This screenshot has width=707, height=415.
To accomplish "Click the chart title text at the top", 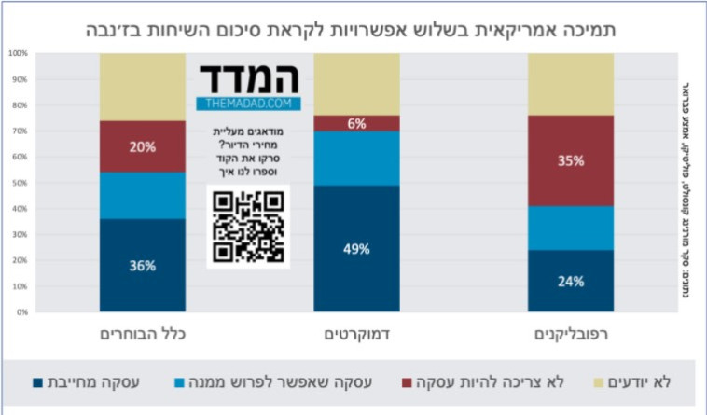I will click(x=353, y=27).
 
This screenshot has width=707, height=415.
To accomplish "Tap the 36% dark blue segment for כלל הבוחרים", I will click(x=143, y=265).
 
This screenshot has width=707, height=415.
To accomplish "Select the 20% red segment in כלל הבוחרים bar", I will click(x=143, y=146).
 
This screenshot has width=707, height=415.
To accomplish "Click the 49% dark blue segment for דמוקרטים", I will click(x=356, y=248).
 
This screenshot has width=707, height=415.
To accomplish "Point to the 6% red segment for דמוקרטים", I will click(x=356, y=123).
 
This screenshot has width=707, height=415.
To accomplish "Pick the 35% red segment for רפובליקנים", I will click(x=571, y=160).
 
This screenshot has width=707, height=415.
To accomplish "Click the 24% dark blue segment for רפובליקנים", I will click(x=571, y=281).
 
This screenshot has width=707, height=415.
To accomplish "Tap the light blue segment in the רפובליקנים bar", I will click(x=571, y=228).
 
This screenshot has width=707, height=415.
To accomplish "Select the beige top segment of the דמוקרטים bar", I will click(x=356, y=84).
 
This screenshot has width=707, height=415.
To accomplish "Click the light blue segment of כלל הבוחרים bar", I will click(x=143, y=195).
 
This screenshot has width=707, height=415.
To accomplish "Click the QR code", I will click(x=248, y=226).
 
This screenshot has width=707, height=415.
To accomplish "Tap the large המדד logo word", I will click(x=248, y=77).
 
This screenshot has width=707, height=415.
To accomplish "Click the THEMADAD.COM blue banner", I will click(x=248, y=104).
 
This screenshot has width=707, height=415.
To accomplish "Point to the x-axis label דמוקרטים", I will click(x=356, y=334).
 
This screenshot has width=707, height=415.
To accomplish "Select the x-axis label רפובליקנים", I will click(x=571, y=334).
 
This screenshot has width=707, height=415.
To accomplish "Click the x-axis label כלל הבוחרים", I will click(x=143, y=334).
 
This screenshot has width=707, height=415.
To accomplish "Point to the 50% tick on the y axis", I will click(x=18, y=183).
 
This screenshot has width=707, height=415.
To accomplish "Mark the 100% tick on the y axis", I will click(x=18, y=53).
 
